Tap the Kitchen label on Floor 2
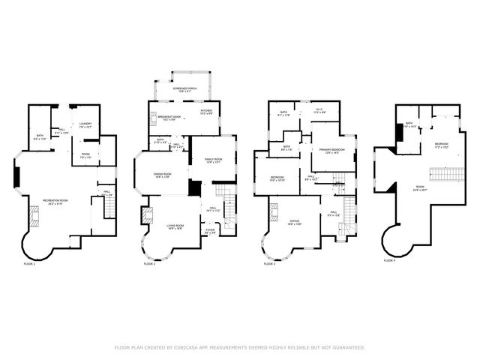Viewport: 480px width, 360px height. [206, 110]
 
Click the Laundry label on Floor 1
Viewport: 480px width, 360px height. [85, 125]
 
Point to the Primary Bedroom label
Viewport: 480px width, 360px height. [331, 151]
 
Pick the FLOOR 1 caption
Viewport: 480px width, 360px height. [28, 263]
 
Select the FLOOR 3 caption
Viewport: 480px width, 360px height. [269, 263]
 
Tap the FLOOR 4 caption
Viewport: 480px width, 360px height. [389, 260]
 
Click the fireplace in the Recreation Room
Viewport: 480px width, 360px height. [34, 217]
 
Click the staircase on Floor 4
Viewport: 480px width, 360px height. [444, 175]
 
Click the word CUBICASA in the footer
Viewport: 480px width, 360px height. [192, 347]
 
